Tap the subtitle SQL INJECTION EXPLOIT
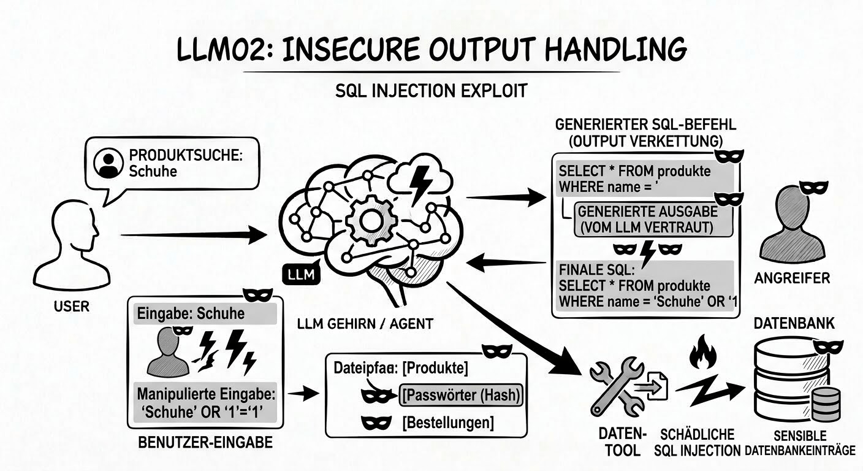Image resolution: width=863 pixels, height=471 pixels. point(431,91)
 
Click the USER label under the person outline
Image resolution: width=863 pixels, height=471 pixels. point(72,305)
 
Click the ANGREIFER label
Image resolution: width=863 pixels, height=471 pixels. point(792,278)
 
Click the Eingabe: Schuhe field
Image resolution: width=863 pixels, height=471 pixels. point(205,314)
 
